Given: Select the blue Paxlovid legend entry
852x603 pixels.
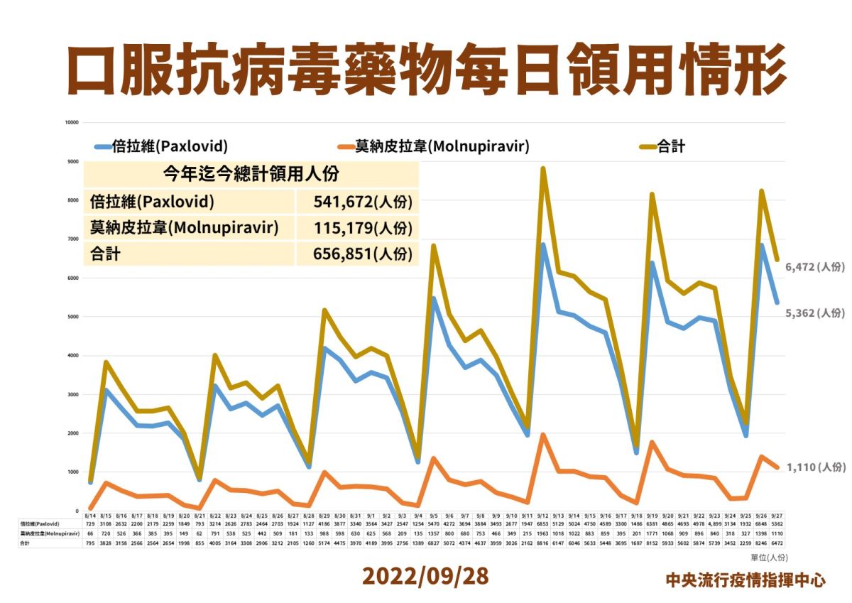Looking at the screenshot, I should (x=161, y=147).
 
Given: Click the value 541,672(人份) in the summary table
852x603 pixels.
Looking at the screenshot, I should (x=362, y=202).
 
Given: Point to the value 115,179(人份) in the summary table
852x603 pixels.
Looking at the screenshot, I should (x=362, y=227).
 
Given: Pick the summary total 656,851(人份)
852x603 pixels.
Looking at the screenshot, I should (x=362, y=254).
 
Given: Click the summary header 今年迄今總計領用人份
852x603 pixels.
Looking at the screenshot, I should (x=251, y=173).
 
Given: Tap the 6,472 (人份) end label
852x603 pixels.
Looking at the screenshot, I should (x=815, y=267).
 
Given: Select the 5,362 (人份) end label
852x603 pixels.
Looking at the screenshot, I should (x=815, y=313).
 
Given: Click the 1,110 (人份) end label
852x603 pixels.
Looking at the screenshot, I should (x=815, y=467).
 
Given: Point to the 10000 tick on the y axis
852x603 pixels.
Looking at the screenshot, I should (x=70, y=122).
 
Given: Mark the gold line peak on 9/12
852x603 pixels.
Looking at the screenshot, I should (x=542, y=169).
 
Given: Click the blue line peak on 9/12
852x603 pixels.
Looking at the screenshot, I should (x=543, y=245).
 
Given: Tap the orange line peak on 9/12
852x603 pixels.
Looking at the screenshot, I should (x=543, y=435).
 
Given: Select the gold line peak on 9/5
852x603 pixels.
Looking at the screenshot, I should (x=433, y=246).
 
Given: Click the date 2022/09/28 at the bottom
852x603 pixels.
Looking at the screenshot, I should (x=425, y=576).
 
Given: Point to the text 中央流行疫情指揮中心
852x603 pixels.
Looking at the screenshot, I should (x=745, y=580).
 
